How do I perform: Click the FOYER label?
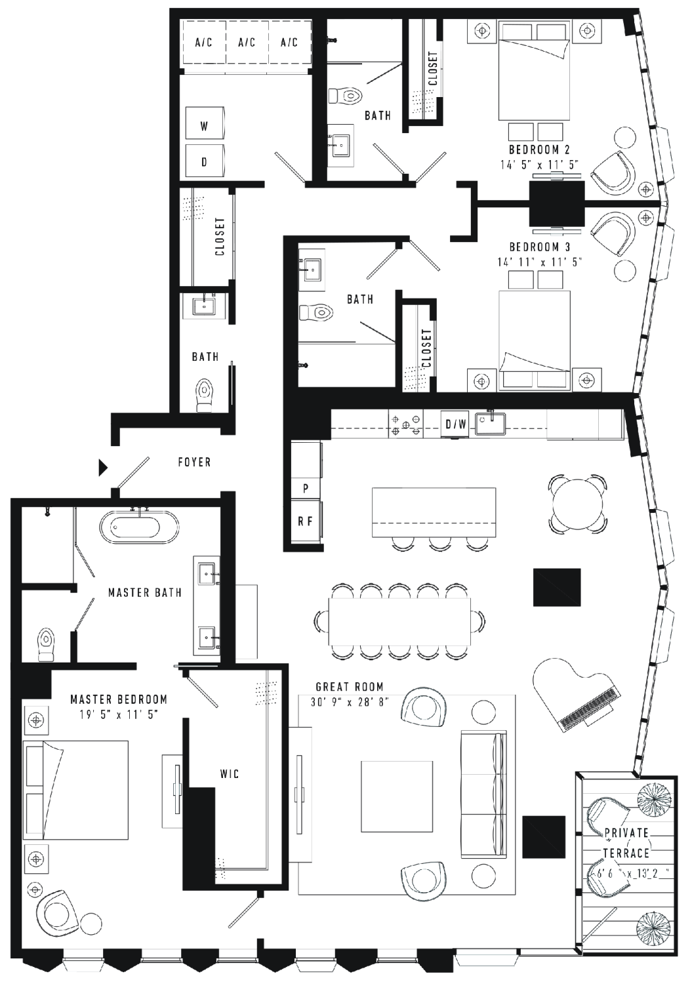(x=194, y=462)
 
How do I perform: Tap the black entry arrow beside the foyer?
(x=103, y=467)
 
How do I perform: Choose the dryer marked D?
(x=205, y=161)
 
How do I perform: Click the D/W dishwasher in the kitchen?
(x=456, y=424)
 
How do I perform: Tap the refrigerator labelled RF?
(x=306, y=522)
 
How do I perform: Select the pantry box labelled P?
(x=306, y=489)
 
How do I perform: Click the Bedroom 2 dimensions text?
(x=539, y=164)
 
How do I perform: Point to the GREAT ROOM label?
(x=350, y=687)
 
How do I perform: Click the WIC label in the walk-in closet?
(x=230, y=773)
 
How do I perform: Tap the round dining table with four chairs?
(x=578, y=503)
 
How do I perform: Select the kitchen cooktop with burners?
(x=405, y=424)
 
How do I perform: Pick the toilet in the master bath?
(x=45, y=645)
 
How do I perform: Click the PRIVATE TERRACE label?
(x=626, y=842)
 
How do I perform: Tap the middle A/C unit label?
(x=247, y=42)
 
